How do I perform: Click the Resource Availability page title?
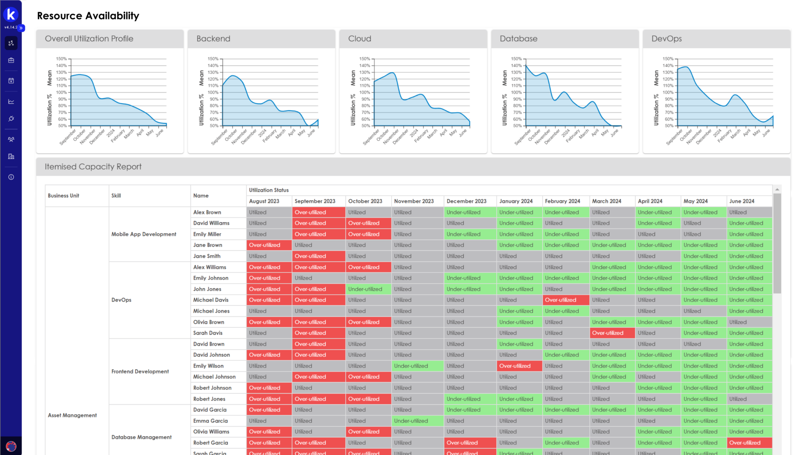point(88,16)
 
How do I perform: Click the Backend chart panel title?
point(213,39)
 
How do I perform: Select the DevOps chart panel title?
point(666,39)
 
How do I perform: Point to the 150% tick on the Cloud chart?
point(364,59)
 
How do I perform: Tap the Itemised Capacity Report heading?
point(93,167)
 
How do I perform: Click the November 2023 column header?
point(414,201)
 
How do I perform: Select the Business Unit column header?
point(64,196)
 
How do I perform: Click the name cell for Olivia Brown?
point(209,322)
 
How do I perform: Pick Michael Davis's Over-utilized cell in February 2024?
point(561,300)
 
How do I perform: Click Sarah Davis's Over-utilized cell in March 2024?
point(608,333)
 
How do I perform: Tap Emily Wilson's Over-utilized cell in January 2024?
point(515,366)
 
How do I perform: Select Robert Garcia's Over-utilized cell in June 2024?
point(745,443)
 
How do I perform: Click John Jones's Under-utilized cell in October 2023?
point(365,289)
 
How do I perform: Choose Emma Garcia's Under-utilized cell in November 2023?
point(411,421)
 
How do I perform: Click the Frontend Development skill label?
point(140,372)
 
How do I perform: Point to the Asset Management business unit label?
point(72,415)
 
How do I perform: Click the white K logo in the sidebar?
point(11,15)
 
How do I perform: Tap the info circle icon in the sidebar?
point(11,177)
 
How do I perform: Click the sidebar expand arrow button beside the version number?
point(21,28)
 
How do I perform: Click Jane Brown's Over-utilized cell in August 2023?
point(264,245)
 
